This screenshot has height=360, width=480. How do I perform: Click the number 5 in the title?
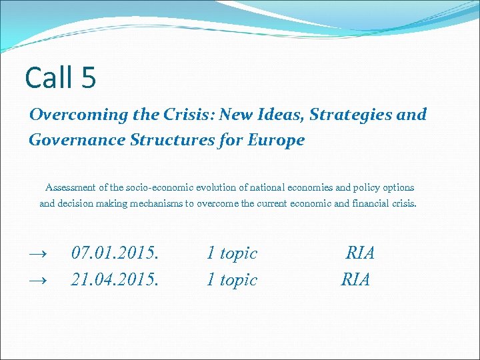click(x=89, y=77)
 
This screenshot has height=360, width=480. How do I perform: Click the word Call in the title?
click(x=50, y=77)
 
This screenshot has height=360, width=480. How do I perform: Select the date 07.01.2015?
click(x=115, y=253)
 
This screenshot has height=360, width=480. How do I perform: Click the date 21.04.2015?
click(x=115, y=280)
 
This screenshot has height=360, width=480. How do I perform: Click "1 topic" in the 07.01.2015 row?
click(x=231, y=253)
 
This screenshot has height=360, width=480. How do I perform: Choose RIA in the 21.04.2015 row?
click(x=355, y=280)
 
